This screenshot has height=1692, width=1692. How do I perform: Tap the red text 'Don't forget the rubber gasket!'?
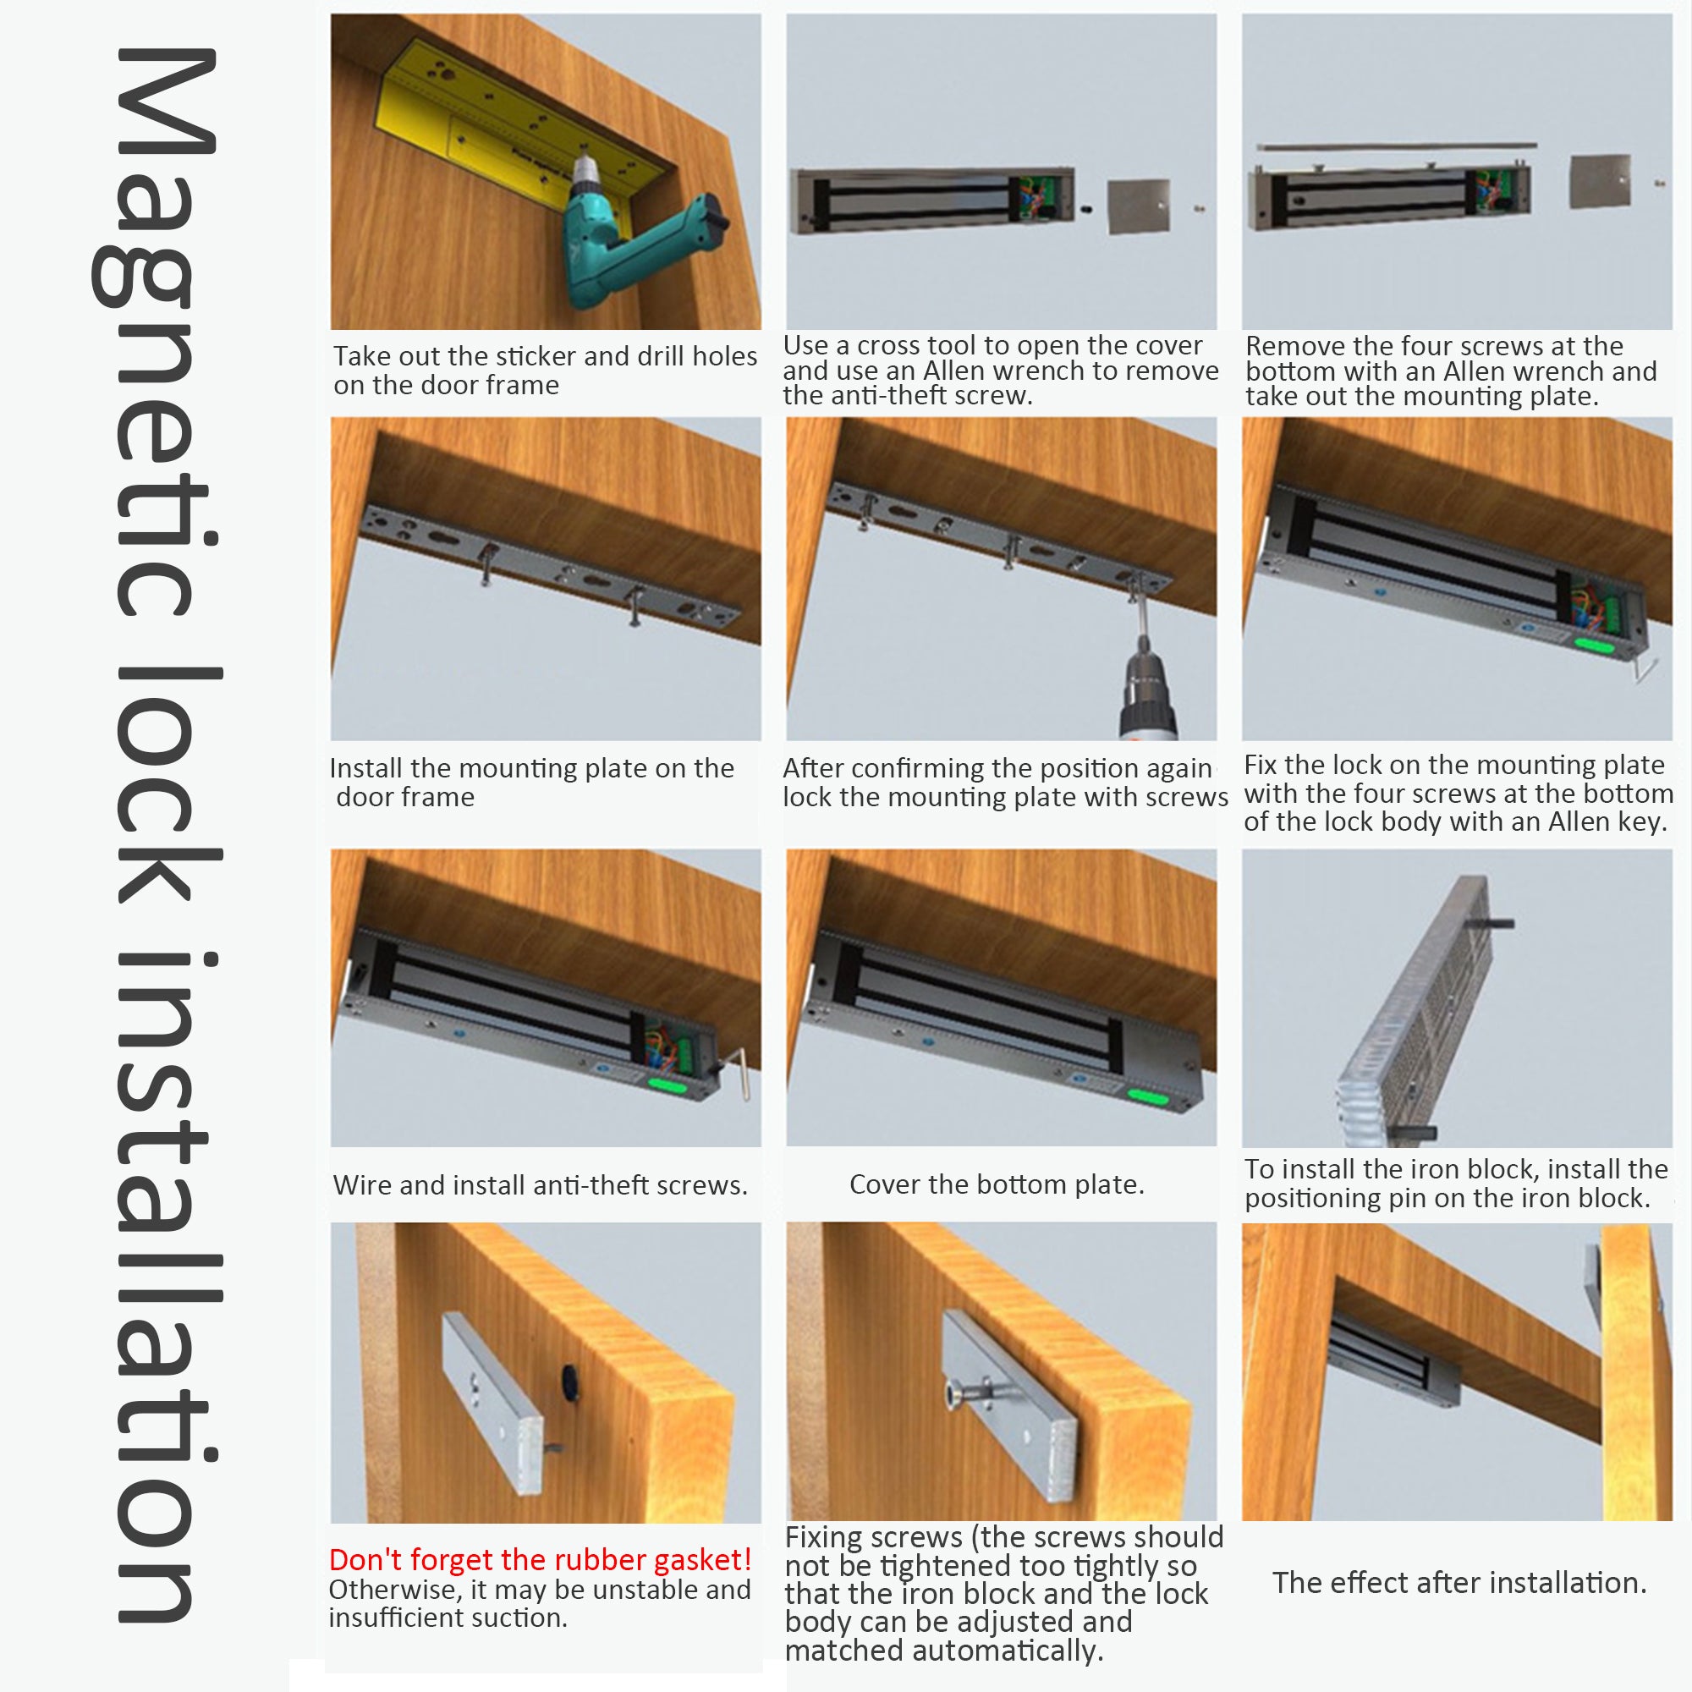point(540,1560)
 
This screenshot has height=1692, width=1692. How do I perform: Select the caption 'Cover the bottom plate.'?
point(997,1184)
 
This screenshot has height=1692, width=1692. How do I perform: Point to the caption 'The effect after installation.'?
point(1459,1583)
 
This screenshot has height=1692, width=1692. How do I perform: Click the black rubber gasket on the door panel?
point(571,1382)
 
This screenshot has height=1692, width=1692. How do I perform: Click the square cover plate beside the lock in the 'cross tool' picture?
point(1139,206)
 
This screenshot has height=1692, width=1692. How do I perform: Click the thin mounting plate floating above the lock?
point(1396,146)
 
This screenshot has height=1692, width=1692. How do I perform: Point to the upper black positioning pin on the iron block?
point(1494,923)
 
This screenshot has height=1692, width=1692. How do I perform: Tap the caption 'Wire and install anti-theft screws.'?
point(541,1185)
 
